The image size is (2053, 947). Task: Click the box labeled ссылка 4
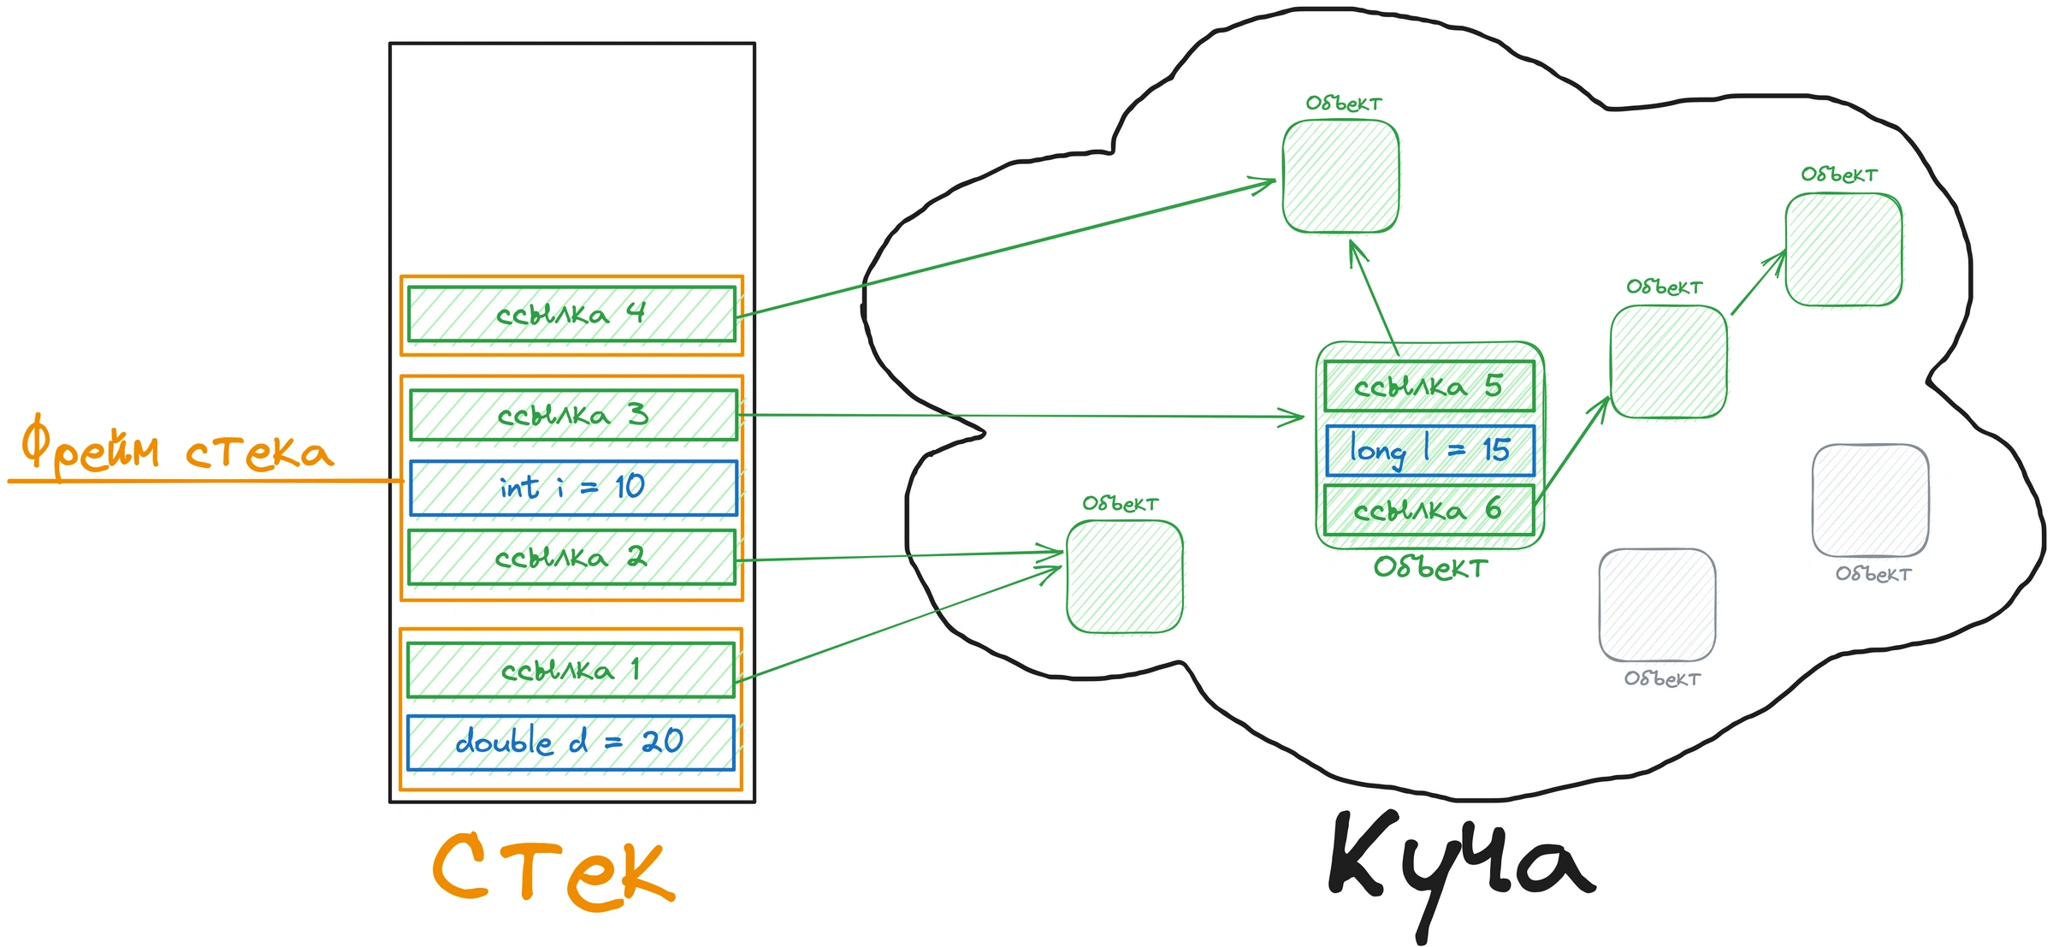tap(571, 314)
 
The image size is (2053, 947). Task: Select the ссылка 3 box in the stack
tap(573, 415)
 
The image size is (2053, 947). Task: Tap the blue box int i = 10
tap(573, 488)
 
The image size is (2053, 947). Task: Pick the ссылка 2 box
tap(571, 558)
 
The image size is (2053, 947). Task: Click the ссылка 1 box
tap(571, 670)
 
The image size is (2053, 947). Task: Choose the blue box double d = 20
tap(571, 742)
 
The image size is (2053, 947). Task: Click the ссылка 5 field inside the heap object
tap(1429, 386)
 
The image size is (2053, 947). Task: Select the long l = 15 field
tap(1430, 450)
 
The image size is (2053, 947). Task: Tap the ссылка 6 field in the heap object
tap(1429, 510)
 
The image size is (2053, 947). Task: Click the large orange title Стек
tap(554, 870)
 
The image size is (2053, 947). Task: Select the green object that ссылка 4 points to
tap(1341, 176)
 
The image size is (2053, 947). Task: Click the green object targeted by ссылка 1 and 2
tap(1125, 577)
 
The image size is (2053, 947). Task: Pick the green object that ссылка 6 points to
tap(1668, 362)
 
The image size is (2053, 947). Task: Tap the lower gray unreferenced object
tap(1657, 605)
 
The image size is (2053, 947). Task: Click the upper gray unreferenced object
tap(1871, 500)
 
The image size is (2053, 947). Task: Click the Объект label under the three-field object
tap(1430, 567)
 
